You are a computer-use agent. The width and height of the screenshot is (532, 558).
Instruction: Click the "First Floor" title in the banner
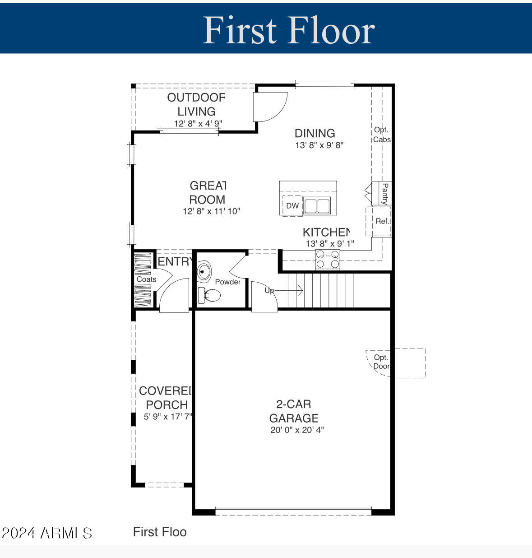tap(289, 30)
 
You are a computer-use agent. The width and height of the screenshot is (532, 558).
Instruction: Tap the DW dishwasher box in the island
tap(292, 206)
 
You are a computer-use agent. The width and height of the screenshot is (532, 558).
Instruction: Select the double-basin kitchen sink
tap(316, 206)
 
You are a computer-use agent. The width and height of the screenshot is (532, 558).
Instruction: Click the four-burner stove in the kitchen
tap(328, 260)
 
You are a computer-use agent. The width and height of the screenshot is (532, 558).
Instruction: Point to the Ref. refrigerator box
tap(382, 221)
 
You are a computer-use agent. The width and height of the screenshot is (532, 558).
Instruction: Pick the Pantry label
tap(385, 194)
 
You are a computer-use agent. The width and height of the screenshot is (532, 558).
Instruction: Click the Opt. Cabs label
tap(381, 135)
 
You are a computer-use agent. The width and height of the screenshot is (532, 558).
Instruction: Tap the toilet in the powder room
tap(210, 296)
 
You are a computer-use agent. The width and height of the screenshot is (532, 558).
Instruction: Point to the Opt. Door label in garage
tap(381, 362)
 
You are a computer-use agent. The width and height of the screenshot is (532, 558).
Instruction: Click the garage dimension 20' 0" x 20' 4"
tap(297, 430)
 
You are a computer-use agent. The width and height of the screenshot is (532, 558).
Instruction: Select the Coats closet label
tap(146, 279)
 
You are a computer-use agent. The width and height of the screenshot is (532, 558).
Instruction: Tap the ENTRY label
tap(175, 262)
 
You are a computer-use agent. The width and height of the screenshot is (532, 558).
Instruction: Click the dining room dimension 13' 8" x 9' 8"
tap(319, 145)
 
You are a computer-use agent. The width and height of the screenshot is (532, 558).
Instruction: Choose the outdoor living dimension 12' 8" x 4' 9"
tap(198, 124)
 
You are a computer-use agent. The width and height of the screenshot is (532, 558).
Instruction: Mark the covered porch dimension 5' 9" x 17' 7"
tap(168, 417)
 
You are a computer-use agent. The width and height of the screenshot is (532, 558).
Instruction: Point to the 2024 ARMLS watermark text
tap(47, 533)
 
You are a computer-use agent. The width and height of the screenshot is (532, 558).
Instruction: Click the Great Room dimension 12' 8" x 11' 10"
tap(211, 211)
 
